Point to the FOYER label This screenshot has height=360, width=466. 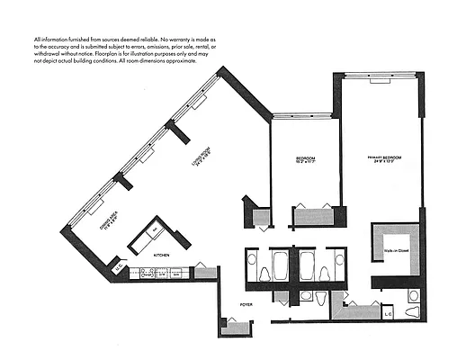[x=245, y=305]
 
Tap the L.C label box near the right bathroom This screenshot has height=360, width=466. [x=388, y=313]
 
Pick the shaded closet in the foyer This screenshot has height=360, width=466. [x=233, y=328]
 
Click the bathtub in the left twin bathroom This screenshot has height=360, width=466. [x=278, y=265]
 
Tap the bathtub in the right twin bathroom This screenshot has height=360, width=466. [x=306, y=265]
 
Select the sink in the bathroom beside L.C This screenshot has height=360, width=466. [x=413, y=294]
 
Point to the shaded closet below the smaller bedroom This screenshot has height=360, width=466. [x=313, y=216]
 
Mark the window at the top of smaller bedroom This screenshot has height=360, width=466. [x=305, y=115]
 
